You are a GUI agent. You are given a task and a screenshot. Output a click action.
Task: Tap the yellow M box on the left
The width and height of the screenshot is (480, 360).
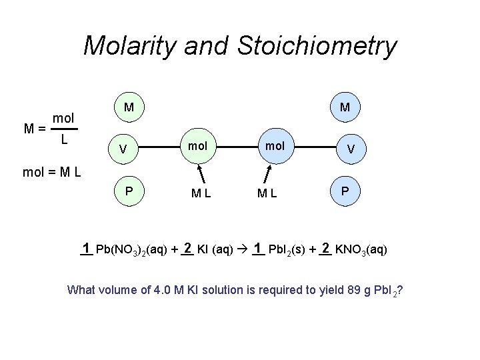[129, 107]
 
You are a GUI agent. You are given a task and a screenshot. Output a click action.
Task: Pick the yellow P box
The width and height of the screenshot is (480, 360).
[129, 191]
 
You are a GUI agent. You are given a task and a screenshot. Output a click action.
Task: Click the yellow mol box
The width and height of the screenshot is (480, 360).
[197, 145]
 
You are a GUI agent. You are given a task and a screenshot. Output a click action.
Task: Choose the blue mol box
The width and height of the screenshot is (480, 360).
[275, 145]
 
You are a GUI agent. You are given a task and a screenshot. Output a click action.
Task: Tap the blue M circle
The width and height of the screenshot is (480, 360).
[345, 107]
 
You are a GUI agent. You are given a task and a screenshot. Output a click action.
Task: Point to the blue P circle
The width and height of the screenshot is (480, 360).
[345, 191]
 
